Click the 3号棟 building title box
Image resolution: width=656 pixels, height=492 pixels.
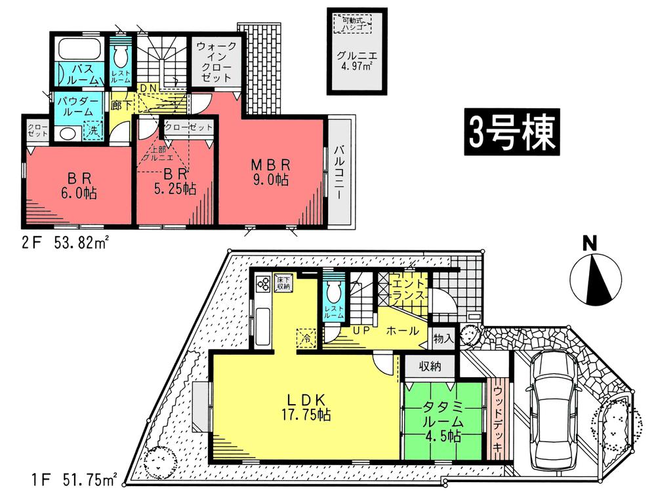click(512, 133)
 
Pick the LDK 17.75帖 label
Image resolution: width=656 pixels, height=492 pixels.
click(304, 407)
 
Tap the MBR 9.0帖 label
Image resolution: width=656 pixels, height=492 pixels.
click(269, 170)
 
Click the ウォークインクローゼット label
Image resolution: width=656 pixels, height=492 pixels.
click(215, 62)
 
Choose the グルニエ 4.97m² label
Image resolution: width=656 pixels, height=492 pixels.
click(357, 61)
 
